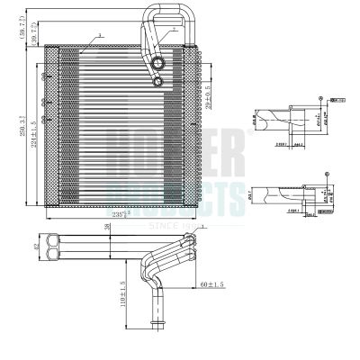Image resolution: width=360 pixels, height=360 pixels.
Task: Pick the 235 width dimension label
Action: click(x=134, y=214)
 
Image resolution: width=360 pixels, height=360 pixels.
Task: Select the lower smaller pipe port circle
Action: click(x=158, y=82)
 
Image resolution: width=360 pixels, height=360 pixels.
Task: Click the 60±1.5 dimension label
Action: click(x=213, y=284)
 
